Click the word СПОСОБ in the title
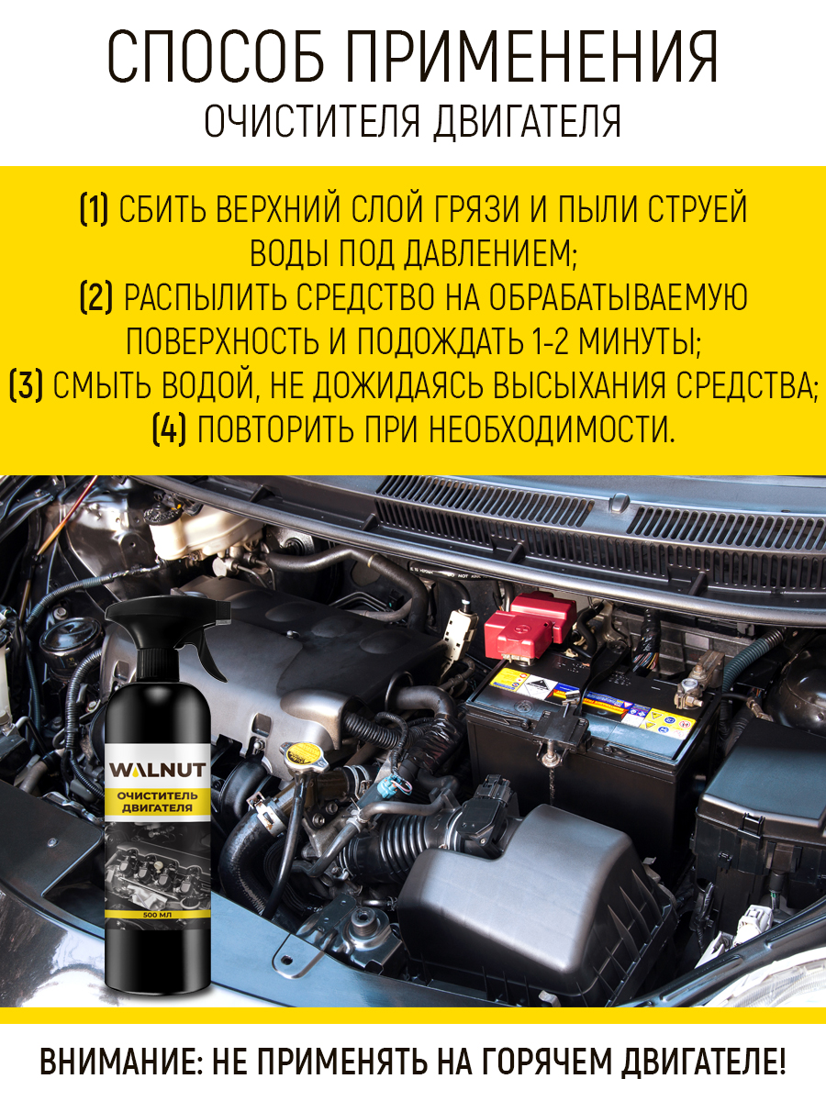[x=217, y=57]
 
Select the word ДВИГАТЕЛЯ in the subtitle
[x=527, y=122]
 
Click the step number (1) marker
[x=94, y=210]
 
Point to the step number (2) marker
[x=96, y=297]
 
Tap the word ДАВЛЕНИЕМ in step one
[x=488, y=253]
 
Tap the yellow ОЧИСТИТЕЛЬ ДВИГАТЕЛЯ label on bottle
[x=158, y=802]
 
